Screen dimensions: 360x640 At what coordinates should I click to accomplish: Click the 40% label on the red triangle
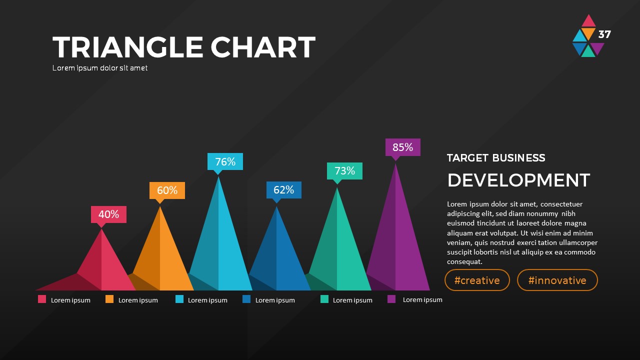pos(108,214)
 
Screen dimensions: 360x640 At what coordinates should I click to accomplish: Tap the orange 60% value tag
pos(167,190)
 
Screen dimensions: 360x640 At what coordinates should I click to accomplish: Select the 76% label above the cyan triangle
pos(225,161)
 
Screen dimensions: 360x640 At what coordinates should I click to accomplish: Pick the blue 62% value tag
pos(283,190)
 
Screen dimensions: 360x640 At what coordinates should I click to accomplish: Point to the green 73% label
pos(344,171)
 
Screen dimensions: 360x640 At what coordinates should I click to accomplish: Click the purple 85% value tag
pos(402,147)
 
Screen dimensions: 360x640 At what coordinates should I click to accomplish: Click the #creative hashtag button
pos(477,280)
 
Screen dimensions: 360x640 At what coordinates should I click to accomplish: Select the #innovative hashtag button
pos(557,280)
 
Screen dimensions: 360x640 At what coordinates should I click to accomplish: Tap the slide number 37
pos(604,34)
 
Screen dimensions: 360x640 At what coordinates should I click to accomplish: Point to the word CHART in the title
pos(262,47)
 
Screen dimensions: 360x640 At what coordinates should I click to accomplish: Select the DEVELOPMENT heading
pos(518,180)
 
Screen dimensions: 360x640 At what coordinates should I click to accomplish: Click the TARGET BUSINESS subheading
pos(496,158)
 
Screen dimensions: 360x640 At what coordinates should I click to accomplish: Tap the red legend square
pos(42,299)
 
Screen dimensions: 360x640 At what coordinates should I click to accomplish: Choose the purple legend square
pos(391,299)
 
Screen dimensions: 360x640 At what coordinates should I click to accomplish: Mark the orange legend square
pos(109,299)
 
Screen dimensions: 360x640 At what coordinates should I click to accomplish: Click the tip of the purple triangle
pos(396,164)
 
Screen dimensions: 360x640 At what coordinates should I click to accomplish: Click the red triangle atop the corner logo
pos(589,21)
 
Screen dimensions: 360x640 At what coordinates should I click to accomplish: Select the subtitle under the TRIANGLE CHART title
pos(100,68)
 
